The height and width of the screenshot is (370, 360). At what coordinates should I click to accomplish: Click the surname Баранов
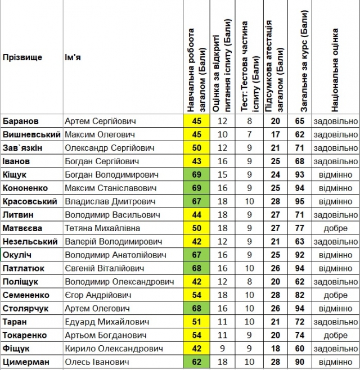click(21, 121)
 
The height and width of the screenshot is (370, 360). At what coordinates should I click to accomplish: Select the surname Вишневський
click(31, 134)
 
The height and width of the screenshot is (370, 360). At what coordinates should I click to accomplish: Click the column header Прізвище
click(22, 57)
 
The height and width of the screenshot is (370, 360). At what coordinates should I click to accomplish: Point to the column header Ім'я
click(73, 57)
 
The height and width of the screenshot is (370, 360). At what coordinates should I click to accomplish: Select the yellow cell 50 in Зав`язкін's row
click(196, 148)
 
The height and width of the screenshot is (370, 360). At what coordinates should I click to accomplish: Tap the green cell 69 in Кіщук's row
click(196, 174)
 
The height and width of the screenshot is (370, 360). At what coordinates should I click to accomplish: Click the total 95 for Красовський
click(300, 201)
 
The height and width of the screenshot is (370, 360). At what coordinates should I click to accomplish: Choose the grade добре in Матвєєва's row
click(335, 228)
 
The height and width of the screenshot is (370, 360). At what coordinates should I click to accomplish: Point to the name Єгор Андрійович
click(98, 295)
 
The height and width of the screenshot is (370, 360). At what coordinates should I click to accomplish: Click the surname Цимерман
click(25, 362)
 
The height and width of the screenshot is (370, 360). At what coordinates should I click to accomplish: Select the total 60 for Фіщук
click(300, 349)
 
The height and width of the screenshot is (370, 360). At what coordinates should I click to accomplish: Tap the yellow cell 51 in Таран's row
click(196, 322)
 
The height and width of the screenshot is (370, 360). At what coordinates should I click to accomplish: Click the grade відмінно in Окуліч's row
click(335, 255)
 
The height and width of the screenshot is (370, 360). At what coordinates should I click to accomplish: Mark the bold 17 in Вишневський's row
click(276, 134)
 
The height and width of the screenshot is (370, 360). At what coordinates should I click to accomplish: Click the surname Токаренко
click(25, 335)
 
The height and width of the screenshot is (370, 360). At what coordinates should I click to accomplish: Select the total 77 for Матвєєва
click(300, 228)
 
